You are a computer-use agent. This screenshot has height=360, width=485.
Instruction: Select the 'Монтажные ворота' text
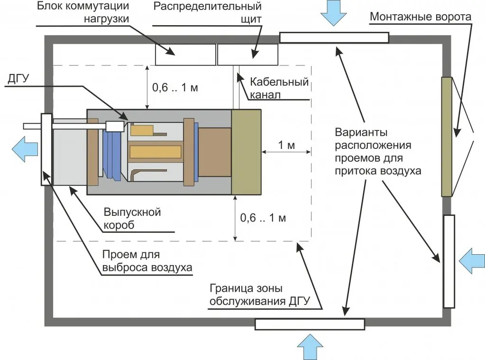tap(421, 17)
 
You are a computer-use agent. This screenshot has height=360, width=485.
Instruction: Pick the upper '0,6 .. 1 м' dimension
tap(174, 88)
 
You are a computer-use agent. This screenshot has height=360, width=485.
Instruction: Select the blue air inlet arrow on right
tap(472, 260)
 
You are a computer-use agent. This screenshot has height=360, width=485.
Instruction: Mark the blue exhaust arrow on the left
tap(25, 148)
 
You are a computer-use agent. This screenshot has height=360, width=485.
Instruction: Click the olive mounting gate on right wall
tap(446, 137)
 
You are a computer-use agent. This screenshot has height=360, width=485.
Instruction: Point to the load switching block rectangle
tap(185, 54)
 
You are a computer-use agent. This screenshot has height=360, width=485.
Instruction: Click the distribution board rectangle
tap(247, 54)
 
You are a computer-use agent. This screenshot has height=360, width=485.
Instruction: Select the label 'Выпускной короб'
tap(132, 218)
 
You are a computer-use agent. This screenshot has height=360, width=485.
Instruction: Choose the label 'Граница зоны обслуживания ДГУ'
tap(259, 295)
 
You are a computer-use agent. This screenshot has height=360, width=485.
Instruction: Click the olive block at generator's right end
tap(246, 152)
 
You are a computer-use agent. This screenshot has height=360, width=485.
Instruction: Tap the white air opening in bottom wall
tap(310, 324)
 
